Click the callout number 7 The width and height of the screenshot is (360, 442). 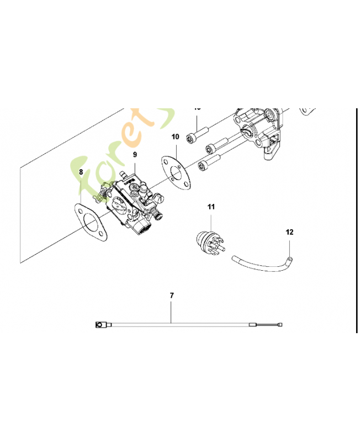pyautogui.click(x=172, y=296)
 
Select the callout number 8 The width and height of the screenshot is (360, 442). pyautogui.click(x=81, y=172)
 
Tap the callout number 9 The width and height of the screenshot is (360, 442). pyautogui.click(x=135, y=155)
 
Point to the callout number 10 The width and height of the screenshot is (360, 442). pyautogui.click(x=175, y=136)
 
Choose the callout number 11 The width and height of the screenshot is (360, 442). pyautogui.click(x=211, y=207)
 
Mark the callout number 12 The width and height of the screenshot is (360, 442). pyautogui.click(x=288, y=233)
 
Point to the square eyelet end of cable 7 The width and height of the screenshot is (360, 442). pyautogui.click(x=100, y=324)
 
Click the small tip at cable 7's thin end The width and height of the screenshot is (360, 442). pyautogui.click(x=282, y=325)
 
